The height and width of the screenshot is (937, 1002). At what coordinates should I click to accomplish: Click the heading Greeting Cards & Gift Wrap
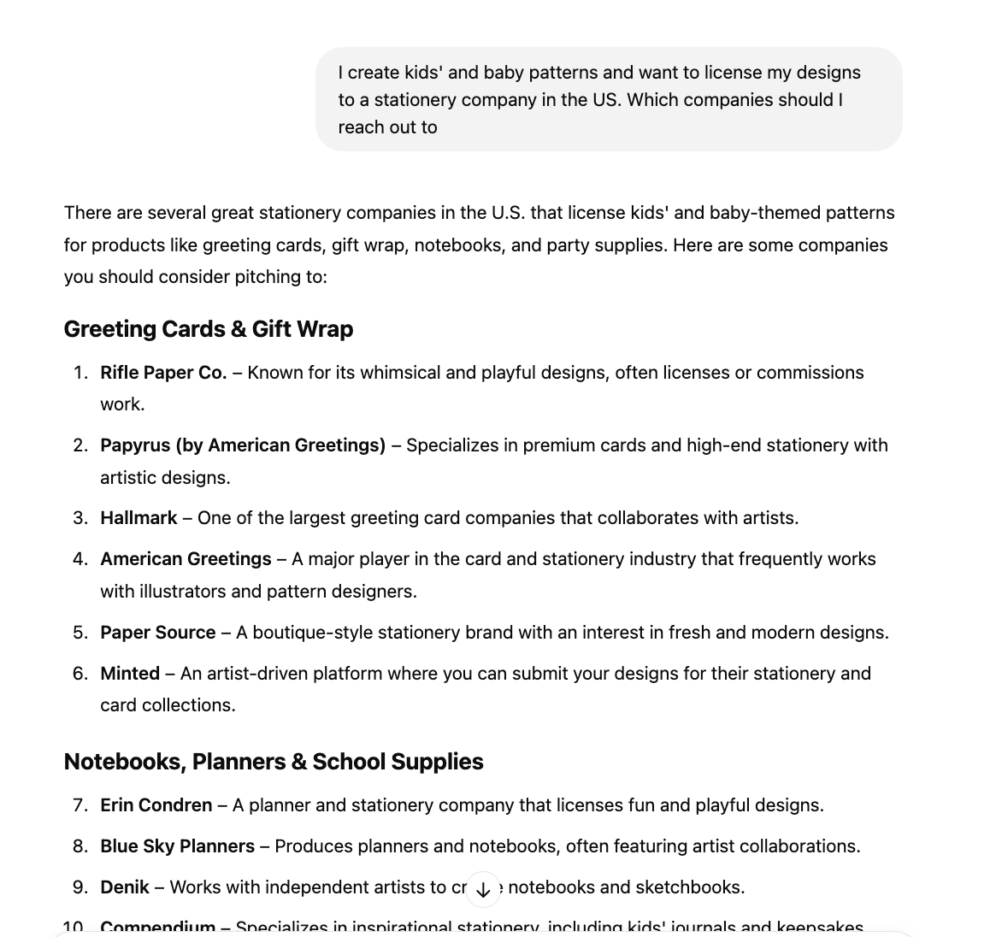pyautogui.click(x=208, y=329)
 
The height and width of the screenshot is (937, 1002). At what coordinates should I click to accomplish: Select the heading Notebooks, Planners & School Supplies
pyautogui.click(x=274, y=762)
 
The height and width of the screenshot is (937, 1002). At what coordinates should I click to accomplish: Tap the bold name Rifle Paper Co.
pyautogui.click(x=163, y=373)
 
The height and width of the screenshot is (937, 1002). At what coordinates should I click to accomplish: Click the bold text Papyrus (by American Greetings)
pyautogui.click(x=243, y=445)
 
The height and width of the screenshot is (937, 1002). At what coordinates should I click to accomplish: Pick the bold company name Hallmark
pyautogui.click(x=139, y=518)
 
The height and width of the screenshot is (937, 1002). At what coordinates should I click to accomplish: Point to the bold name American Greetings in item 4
pyautogui.click(x=186, y=559)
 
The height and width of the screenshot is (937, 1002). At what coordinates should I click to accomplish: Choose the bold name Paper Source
pyautogui.click(x=157, y=633)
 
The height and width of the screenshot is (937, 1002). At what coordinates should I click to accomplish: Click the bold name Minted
pyautogui.click(x=130, y=674)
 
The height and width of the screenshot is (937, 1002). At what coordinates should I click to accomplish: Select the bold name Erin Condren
pyautogui.click(x=156, y=805)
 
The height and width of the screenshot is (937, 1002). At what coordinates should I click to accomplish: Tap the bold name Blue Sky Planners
pyautogui.click(x=177, y=846)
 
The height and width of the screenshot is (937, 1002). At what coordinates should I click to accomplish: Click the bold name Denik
pyautogui.click(x=125, y=887)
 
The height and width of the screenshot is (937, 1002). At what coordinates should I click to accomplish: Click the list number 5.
pyautogui.click(x=80, y=633)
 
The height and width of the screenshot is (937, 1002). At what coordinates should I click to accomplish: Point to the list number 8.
pyautogui.click(x=80, y=846)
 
